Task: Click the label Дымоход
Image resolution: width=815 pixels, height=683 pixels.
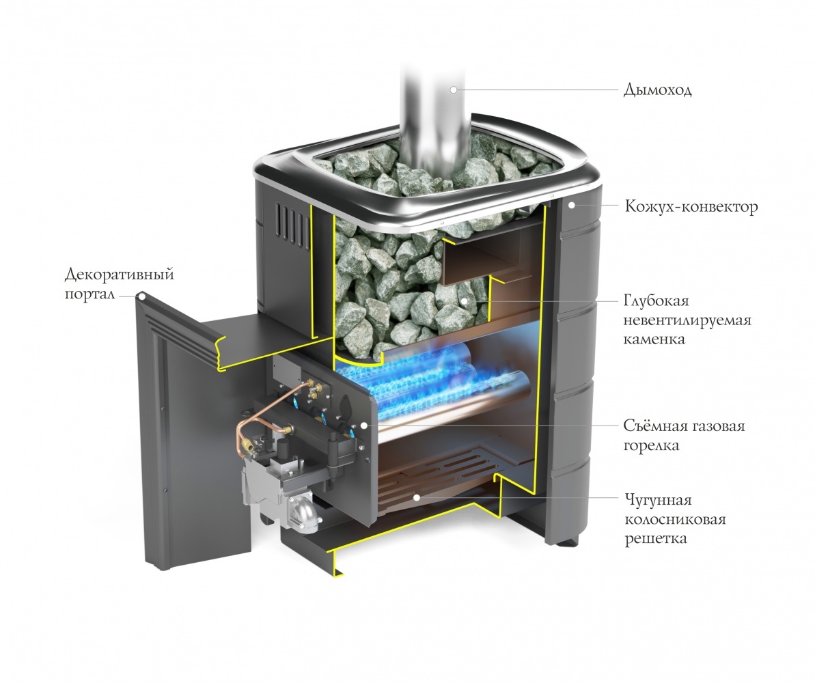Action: point(657,89)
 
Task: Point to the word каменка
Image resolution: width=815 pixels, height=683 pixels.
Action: point(654,339)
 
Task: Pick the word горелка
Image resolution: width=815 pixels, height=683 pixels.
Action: point(650,445)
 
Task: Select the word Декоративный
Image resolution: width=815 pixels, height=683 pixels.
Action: point(120,275)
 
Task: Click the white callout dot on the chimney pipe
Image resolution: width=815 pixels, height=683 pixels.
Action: point(453,89)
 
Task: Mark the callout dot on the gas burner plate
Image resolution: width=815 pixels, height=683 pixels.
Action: point(364,426)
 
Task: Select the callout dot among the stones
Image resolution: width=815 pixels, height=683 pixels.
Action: point(463,301)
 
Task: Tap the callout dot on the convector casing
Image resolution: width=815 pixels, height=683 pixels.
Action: point(571,206)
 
